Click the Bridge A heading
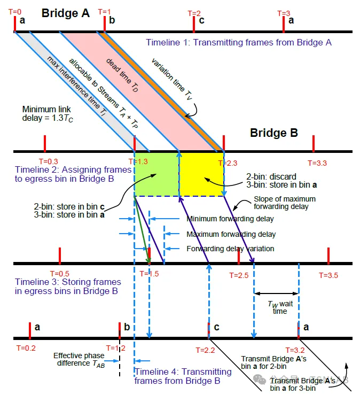[x=65, y=13]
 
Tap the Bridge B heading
[x=273, y=133]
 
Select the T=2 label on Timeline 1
[x=194, y=13]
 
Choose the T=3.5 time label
[x=328, y=275]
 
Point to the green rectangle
[x=156, y=174]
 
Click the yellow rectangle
[x=201, y=174]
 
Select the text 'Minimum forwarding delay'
[x=230, y=219]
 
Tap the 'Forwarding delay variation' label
[x=231, y=249]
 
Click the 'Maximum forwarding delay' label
[x=231, y=234]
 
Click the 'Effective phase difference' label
[x=76, y=359]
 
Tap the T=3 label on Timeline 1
[x=284, y=13]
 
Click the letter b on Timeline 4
[x=127, y=327]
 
